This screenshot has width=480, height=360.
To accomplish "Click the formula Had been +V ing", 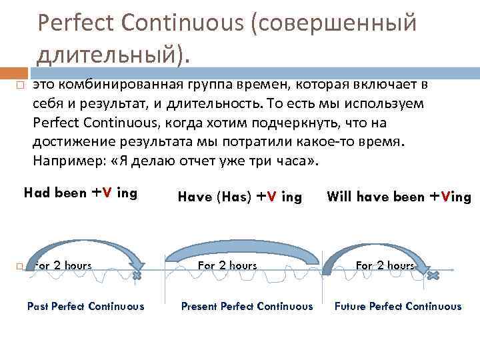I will [80, 193].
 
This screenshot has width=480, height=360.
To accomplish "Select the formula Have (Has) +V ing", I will [239, 197].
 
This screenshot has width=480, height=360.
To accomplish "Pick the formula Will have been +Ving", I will [399, 197].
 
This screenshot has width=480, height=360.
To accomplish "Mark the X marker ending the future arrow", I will [433, 275].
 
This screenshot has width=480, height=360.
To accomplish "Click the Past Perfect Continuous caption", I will [85, 307].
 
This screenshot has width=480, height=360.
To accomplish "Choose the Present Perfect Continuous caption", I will [247, 307].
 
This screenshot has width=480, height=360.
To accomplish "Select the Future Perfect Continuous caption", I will [398, 307].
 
